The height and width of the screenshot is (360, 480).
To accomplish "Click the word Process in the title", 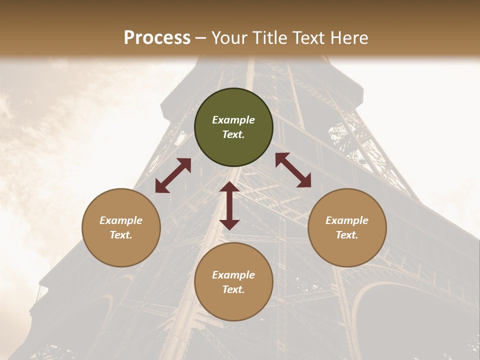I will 157,38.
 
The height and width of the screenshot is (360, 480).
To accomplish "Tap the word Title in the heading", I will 270,38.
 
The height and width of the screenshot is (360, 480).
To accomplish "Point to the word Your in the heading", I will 230,38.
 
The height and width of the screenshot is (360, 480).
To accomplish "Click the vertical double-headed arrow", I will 229,206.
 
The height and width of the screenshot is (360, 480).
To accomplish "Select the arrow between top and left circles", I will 173,175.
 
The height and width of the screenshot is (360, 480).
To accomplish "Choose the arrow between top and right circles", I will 293,170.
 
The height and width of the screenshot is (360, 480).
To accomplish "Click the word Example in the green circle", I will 233,120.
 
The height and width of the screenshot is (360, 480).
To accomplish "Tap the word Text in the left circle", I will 121,235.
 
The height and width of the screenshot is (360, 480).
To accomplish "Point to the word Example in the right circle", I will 347,220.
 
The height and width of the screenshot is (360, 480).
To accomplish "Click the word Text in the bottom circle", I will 233,290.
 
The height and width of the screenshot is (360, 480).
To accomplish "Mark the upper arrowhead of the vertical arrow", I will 229,187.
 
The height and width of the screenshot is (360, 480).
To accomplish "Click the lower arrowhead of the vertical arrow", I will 229,224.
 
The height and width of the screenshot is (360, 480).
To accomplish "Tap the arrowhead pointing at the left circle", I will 160,187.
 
